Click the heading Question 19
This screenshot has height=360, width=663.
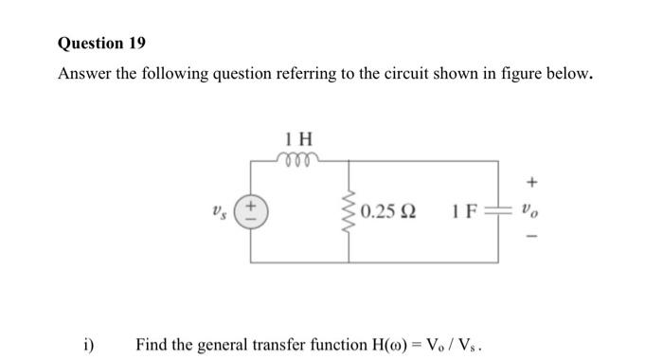(102, 44)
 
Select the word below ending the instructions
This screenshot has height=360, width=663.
(571, 76)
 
